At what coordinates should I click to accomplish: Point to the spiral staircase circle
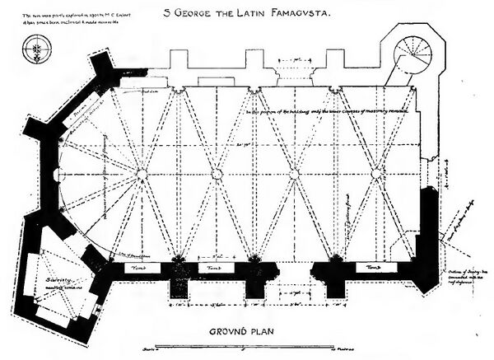tap(411, 56)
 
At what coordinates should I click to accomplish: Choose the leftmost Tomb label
tap(135, 268)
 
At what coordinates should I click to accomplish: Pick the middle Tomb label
tap(213, 269)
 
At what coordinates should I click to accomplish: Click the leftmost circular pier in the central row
tap(141, 173)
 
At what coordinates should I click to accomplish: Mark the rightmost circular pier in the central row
tap(377, 173)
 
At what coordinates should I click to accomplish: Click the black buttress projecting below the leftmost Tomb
tap(181, 286)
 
